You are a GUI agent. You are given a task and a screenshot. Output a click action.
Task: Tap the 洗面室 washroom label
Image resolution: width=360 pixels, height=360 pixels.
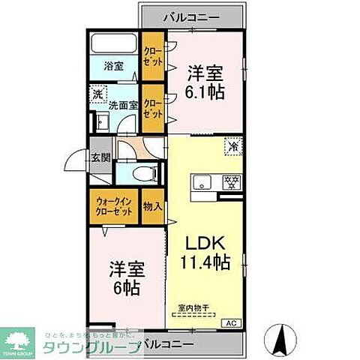(122, 106)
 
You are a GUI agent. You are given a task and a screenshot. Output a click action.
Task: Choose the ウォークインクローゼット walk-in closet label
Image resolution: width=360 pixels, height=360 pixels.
(115, 206)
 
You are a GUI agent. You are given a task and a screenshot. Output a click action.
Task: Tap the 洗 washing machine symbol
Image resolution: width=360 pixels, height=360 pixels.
(97, 94)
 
